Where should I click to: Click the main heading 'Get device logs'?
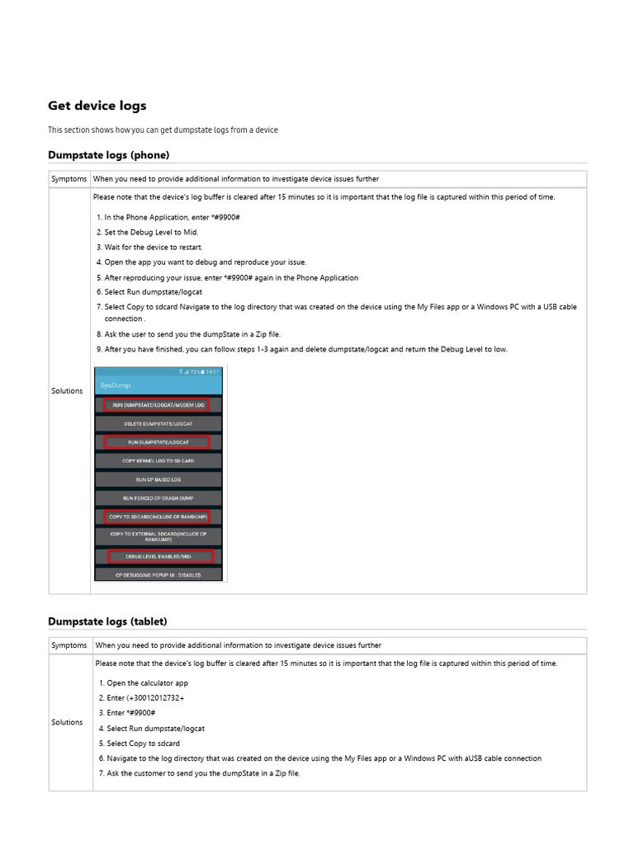click(97, 106)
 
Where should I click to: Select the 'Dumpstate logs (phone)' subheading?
click(108, 154)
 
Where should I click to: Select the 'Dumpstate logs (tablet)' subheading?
click(107, 621)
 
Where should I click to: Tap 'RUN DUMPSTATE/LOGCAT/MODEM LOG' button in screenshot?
click(158, 405)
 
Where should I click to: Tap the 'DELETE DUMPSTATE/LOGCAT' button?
click(158, 424)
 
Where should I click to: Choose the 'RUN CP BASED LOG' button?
click(158, 479)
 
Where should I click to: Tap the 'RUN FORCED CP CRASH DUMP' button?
click(158, 498)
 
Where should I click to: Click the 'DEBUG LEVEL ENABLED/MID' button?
click(158, 556)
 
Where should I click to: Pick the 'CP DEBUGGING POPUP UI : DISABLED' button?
click(158, 574)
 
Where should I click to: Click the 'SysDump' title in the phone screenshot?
click(116, 385)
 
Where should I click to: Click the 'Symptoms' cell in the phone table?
click(69, 179)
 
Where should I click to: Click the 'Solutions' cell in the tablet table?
click(68, 722)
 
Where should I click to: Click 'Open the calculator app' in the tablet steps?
click(147, 683)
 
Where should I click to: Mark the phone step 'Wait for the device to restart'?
click(153, 247)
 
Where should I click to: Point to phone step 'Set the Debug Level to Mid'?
click(151, 232)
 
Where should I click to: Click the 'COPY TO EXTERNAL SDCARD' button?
click(158, 536)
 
